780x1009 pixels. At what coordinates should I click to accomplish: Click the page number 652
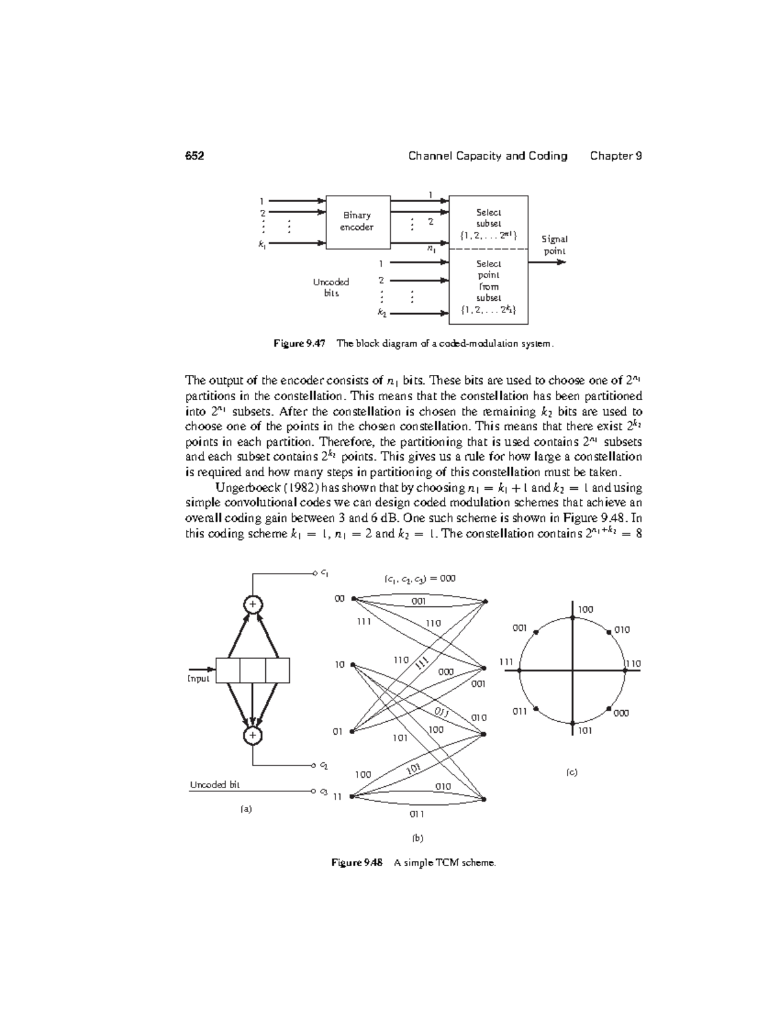pos(194,156)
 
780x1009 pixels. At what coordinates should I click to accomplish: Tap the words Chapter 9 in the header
pos(616,156)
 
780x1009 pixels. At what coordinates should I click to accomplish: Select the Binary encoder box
pos(357,222)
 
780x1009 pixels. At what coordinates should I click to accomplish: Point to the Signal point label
pos(554,245)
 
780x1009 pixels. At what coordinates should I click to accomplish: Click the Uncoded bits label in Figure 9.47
pos(331,287)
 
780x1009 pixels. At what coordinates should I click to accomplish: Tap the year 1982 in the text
pos(305,488)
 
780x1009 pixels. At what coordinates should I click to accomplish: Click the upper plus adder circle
pos(252,604)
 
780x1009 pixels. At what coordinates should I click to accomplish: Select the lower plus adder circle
pos(252,735)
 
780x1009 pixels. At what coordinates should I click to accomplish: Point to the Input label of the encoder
pos(198,679)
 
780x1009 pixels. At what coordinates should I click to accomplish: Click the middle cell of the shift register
pos(253,671)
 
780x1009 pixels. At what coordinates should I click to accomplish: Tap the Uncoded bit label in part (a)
pos(214,785)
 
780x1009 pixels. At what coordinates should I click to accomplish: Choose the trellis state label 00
pos(339,598)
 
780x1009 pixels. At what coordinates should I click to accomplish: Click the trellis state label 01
pos(338,732)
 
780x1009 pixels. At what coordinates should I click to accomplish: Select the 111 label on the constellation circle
pos(506,662)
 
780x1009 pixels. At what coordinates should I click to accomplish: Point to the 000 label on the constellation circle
pos(621,713)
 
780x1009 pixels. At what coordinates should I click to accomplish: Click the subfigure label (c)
pos(571,773)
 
